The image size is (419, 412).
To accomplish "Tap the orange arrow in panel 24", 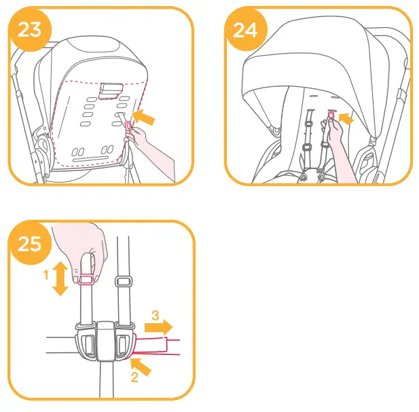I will click(347, 119).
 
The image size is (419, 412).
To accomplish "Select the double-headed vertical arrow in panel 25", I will click(60, 280).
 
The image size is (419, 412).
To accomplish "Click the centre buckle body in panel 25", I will click(107, 340).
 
